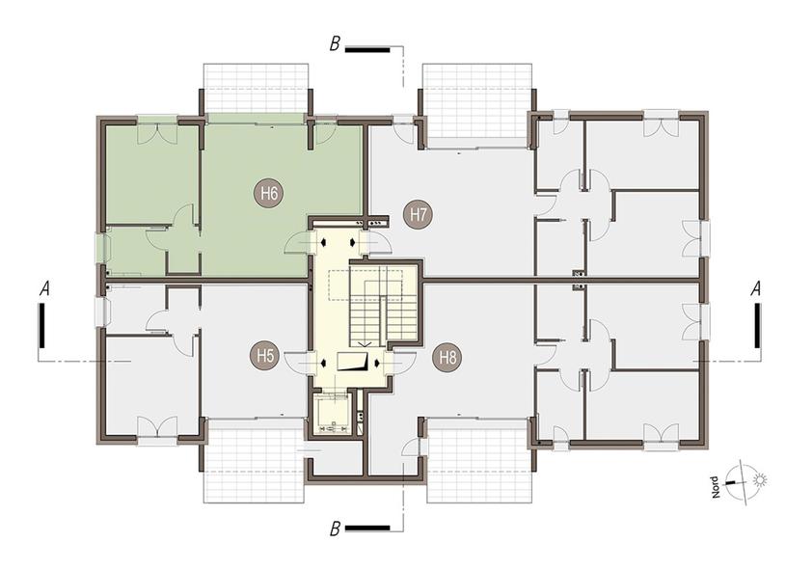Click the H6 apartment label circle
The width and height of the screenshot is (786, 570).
point(269,193)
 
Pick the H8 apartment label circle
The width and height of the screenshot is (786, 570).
point(447,358)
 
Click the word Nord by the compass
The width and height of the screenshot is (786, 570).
point(716,487)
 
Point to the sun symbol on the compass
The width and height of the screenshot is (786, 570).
point(760,480)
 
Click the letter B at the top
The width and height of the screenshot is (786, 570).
point(335,43)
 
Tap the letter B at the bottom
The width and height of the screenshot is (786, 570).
point(335,529)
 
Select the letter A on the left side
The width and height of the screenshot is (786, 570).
point(45,288)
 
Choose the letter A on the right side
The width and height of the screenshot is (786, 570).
point(756,288)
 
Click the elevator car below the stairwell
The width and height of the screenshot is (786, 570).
point(333,414)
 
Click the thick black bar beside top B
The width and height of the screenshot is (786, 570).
point(367,49)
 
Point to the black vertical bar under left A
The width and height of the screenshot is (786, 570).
point(42,325)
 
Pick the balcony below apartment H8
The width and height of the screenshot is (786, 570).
point(478,460)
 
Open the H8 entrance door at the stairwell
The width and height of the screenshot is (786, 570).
point(400,362)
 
